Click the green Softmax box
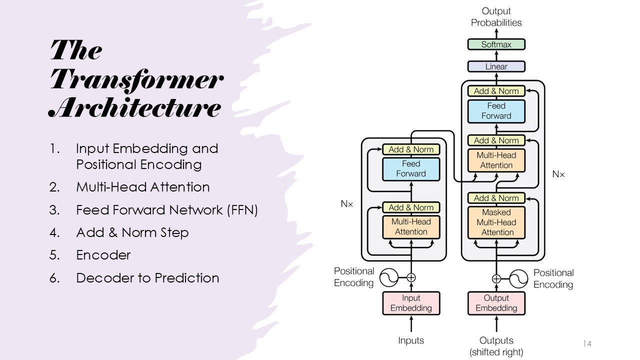(496, 44)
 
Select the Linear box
(496, 66)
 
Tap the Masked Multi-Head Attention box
(497, 222)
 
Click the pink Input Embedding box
(411, 303)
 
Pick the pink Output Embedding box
(496, 303)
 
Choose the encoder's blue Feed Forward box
(411, 169)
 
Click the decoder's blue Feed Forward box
(496, 111)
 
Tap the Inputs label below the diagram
(411, 340)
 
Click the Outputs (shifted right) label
(496, 346)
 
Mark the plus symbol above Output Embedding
(496, 279)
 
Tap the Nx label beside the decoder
(558, 174)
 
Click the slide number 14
(587, 343)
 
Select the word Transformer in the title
(137, 79)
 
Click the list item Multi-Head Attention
(142, 187)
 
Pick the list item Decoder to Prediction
(147, 278)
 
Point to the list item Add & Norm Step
(132, 232)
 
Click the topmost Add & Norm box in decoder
(496, 91)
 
